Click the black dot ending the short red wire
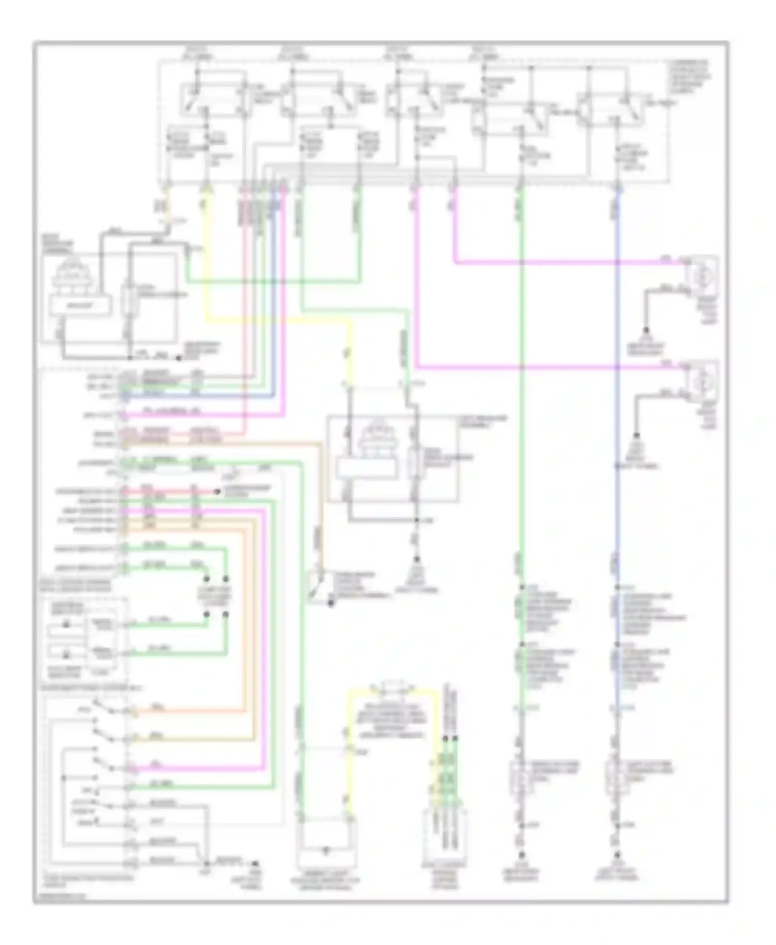pos(219,492)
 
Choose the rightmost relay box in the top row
pos(610,109)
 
